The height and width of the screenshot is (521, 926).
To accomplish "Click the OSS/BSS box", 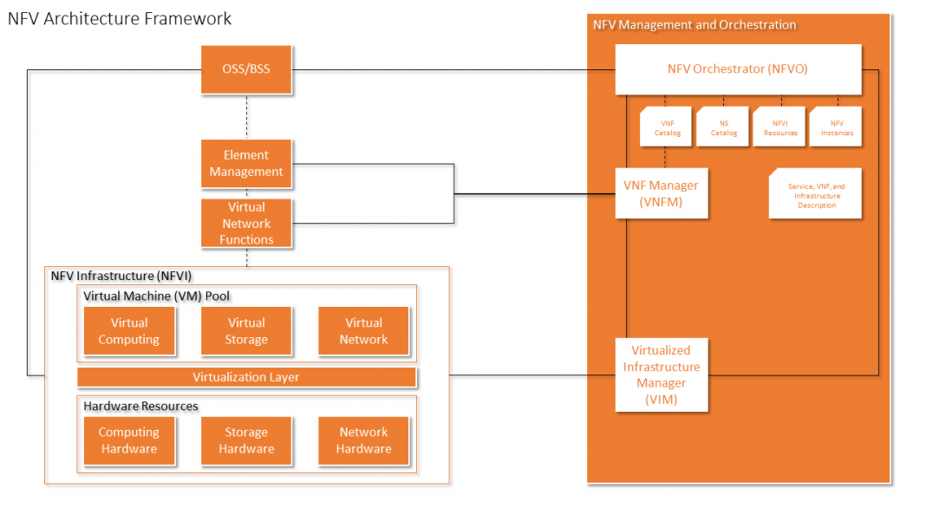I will coord(246,69).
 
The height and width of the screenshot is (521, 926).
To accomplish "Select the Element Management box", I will coord(246,164).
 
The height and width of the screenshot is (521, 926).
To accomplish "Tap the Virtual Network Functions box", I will coord(246,223).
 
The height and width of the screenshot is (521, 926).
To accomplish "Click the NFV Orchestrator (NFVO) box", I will coord(738,69).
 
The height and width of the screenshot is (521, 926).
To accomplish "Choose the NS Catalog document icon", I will coord(722,127).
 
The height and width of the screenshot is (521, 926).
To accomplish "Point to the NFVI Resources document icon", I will coord(780,127).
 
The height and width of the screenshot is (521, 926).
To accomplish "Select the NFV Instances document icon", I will coord(837,127).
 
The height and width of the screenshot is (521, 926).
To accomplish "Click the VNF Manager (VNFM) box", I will coord(661,193).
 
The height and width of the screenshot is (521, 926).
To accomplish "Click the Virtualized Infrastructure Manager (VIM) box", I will coord(661,374).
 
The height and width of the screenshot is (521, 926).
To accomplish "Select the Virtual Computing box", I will coord(129,331).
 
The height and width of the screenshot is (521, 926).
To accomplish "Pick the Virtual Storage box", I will coord(246,331).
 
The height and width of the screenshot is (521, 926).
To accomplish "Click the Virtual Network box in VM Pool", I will coord(363,331).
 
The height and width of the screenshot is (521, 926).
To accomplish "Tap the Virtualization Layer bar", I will coord(246,377).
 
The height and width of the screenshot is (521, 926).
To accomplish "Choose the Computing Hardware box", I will coord(129,440).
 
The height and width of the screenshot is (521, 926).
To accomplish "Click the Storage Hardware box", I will coord(246,440).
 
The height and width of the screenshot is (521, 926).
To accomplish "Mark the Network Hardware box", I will coord(363,440).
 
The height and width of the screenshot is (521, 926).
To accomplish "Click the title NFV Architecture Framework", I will coord(120,18).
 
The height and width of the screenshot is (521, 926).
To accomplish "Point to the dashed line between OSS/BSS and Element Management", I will coord(247,116).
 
